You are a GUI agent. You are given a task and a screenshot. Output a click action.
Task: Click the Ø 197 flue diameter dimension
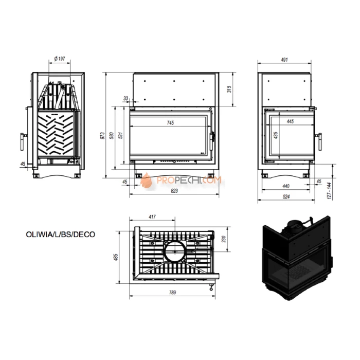60,59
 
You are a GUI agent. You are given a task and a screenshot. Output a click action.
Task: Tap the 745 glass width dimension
170,123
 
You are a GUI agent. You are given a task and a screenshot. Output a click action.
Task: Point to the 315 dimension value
229,89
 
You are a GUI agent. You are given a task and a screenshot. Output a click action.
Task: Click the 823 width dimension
174,191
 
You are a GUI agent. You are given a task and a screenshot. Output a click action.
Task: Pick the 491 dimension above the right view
284,60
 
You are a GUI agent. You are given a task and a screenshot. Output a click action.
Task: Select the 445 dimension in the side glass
290,121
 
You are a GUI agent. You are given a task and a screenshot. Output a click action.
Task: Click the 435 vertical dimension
276,135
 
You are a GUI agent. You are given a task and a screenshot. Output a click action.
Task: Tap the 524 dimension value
286,196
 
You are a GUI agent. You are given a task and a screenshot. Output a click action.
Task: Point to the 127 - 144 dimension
330,191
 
